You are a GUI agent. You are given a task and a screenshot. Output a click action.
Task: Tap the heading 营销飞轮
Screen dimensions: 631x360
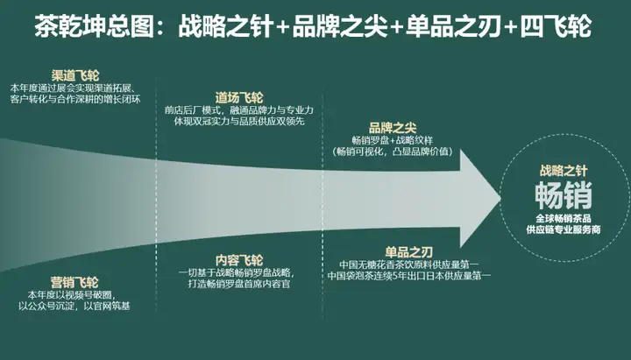[x=74, y=281]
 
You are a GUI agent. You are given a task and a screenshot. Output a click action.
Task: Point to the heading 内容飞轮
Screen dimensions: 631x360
[x=239, y=260]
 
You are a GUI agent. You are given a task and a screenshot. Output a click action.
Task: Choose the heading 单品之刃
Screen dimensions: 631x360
[x=404, y=251]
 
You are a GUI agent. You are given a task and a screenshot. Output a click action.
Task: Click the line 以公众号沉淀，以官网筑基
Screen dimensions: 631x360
[x=73, y=306]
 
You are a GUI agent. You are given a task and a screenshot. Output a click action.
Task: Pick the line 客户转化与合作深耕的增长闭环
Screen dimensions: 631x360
[x=67, y=100]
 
